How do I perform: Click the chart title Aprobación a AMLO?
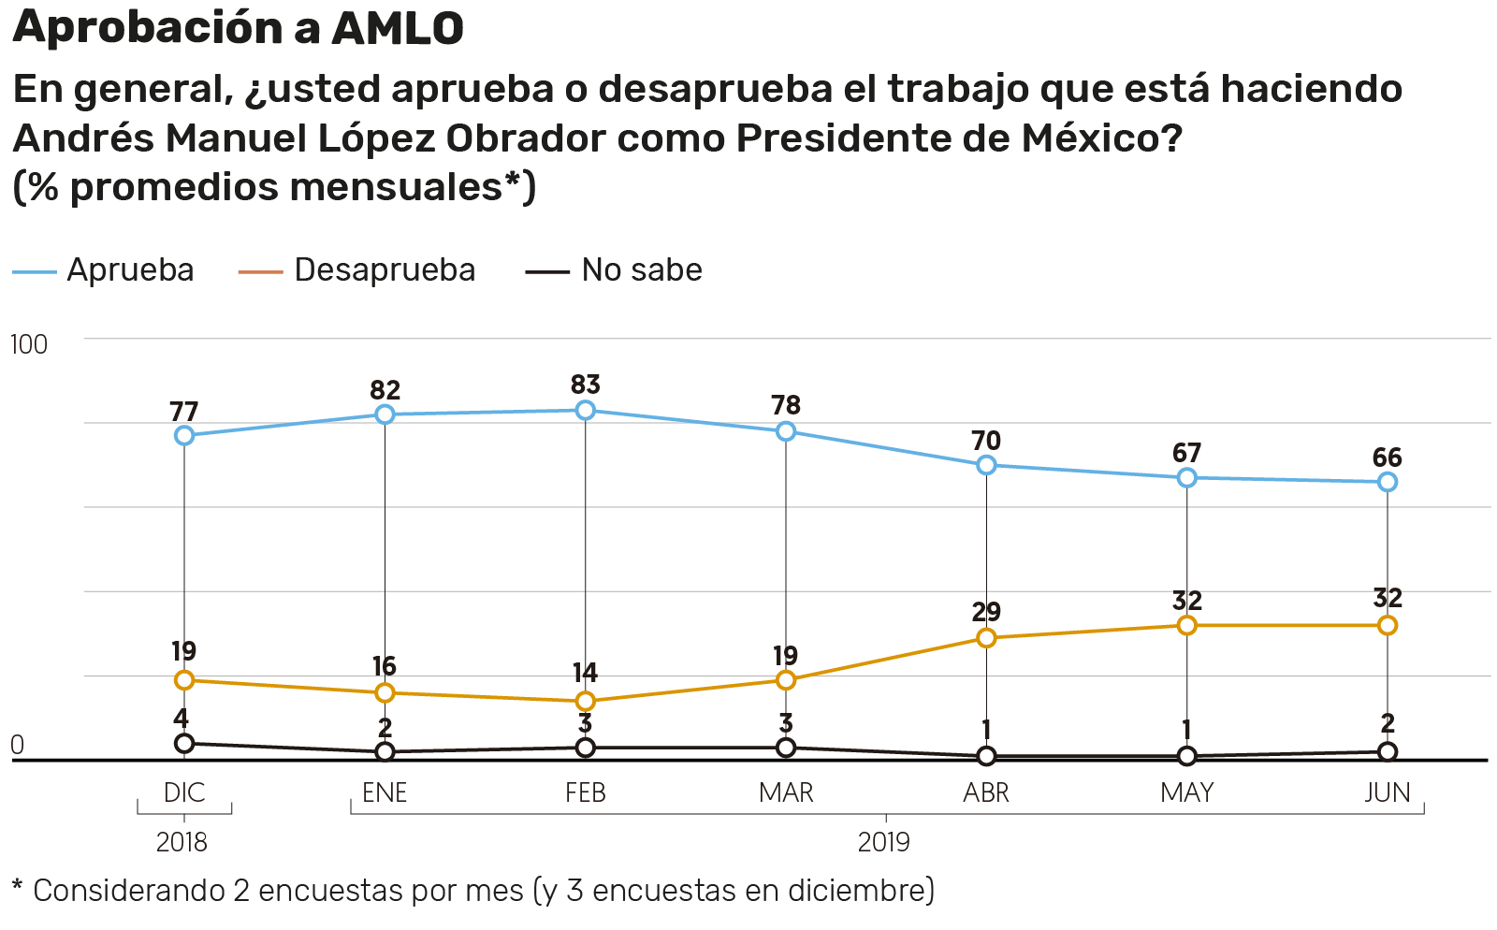pyautogui.click(x=238, y=28)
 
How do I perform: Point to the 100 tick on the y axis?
pyautogui.click(x=28, y=344)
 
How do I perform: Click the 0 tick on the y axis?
pyautogui.click(x=17, y=746)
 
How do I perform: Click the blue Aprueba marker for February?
pyautogui.click(x=586, y=410)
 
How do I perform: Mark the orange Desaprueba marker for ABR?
pyautogui.click(x=986, y=638)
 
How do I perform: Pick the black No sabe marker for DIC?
pyautogui.click(x=184, y=743)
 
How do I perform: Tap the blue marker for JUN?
pyautogui.click(x=1388, y=482)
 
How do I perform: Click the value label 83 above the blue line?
pyautogui.click(x=586, y=385)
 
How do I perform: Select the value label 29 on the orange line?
pyautogui.click(x=986, y=612)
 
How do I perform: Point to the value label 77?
pyautogui.click(x=184, y=412)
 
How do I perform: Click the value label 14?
pyautogui.click(x=586, y=673)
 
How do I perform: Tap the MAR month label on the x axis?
pyautogui.click(x=786, y=793)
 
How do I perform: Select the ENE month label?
pyautogui.click(x=385, y=793)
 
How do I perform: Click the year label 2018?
pyautogui.click(x=182, y=842)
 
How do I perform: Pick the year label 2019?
pyautogui.click(x=884, y=842)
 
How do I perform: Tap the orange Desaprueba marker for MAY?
pyautogui.click(x=1186, y=625)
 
